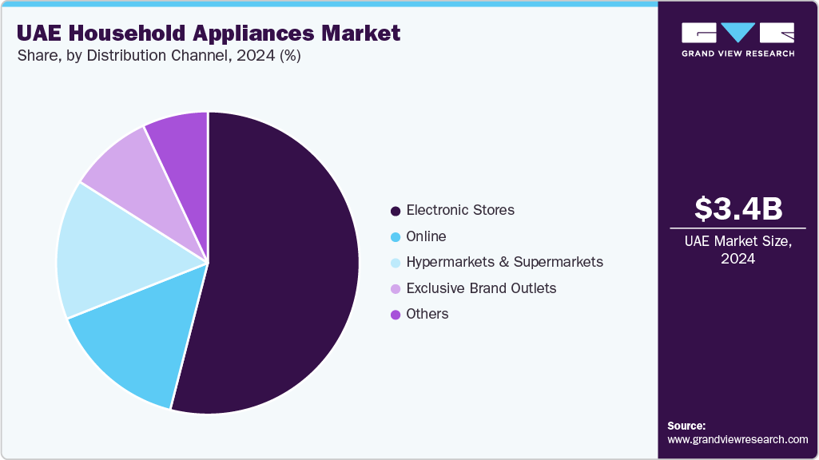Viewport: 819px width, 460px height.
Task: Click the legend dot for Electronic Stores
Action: tap(395, 211)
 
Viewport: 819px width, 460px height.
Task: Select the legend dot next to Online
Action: tap(395, 237)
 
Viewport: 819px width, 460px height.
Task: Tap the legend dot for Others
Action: tap(395, 315)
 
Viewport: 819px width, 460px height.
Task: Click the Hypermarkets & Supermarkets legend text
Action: tap(504, 262)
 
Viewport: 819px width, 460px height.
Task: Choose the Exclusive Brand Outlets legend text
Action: tap(481, 287)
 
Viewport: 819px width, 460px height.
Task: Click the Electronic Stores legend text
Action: tap(460, 210)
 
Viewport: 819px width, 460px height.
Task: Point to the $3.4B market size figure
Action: tap(737, 209)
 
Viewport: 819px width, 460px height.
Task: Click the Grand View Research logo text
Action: tap(737, 54)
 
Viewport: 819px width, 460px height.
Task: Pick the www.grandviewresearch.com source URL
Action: tap(737, 439)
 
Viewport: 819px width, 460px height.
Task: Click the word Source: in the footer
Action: tap(686, 426)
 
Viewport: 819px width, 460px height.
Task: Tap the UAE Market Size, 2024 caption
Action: tap(737, 249)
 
